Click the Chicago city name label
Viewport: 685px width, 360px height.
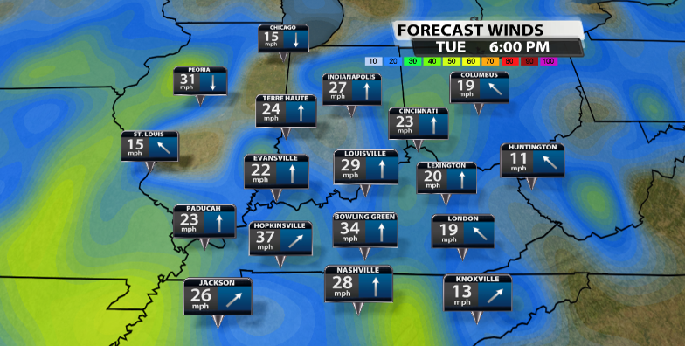(283, 28)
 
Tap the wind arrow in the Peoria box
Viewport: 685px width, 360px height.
(212, 82)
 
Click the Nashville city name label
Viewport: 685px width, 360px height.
(358, 270)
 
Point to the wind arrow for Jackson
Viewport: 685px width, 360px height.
(233, 299)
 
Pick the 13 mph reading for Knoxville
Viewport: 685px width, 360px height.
(461, 293)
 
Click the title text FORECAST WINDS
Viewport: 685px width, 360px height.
(470, 31)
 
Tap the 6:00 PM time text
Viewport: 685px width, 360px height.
(519, 47)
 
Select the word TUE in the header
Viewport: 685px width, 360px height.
(451, 47)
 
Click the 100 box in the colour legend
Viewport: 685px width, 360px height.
(548, 61)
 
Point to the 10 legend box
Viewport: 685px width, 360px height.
(372, 61)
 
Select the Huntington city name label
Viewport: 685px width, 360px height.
(532, 148)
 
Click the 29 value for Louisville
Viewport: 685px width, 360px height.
(350, 166)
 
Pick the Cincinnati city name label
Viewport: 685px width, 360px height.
(418, 111)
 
